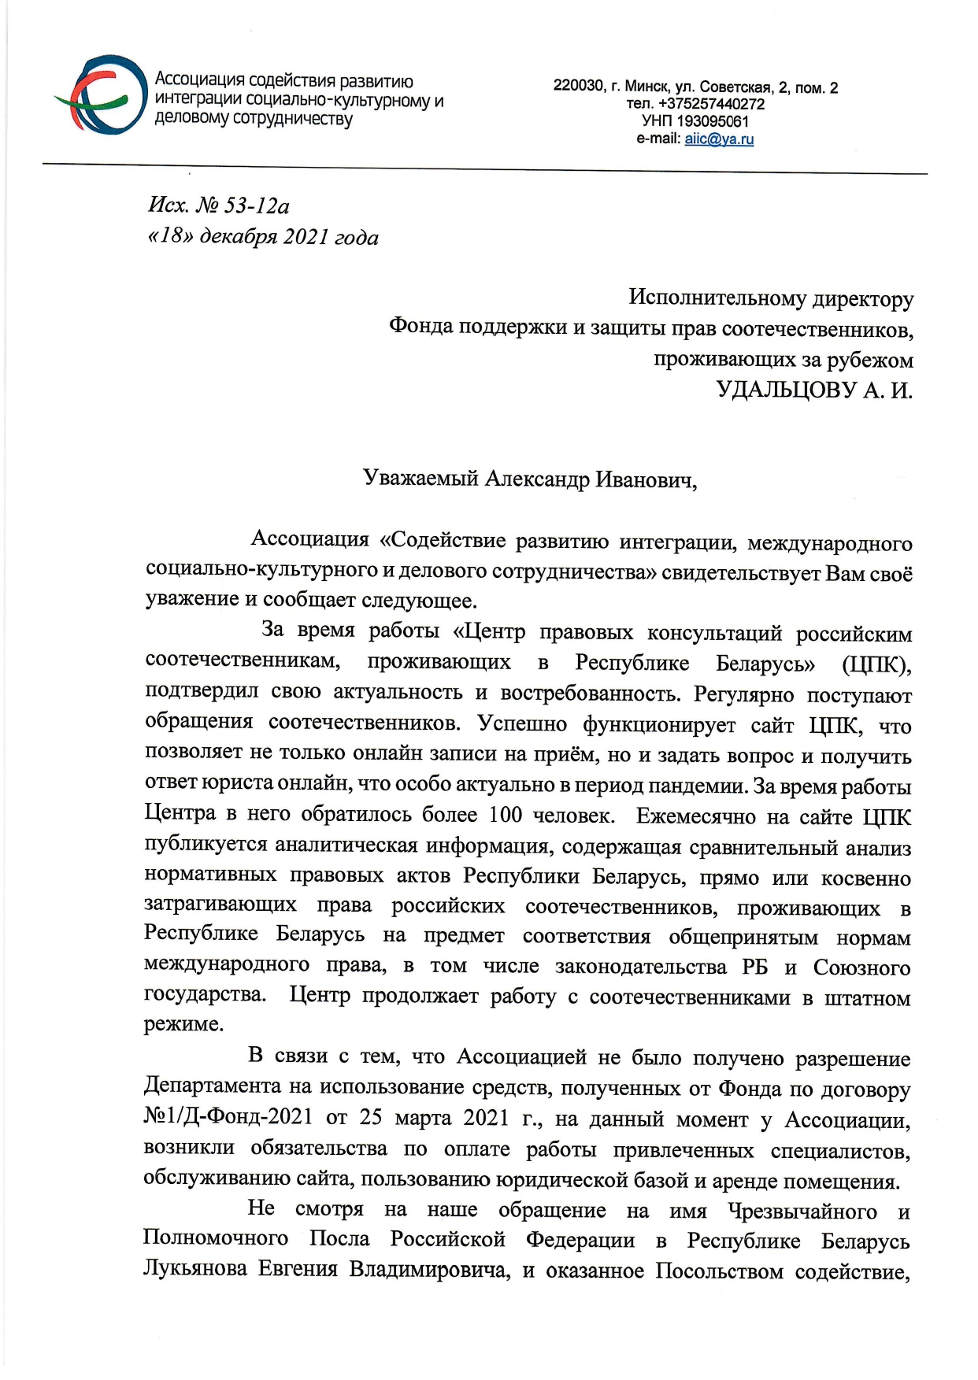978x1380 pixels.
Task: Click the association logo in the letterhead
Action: (102, 95)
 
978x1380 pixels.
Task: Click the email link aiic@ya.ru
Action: (719, 139)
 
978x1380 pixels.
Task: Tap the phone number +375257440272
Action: (715, 104)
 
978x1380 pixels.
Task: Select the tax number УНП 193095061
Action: (695, 121)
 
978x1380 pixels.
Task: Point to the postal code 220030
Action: (577, 87)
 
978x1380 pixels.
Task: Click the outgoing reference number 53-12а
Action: (246, 206)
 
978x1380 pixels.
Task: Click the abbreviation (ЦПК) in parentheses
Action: (876, 664)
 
